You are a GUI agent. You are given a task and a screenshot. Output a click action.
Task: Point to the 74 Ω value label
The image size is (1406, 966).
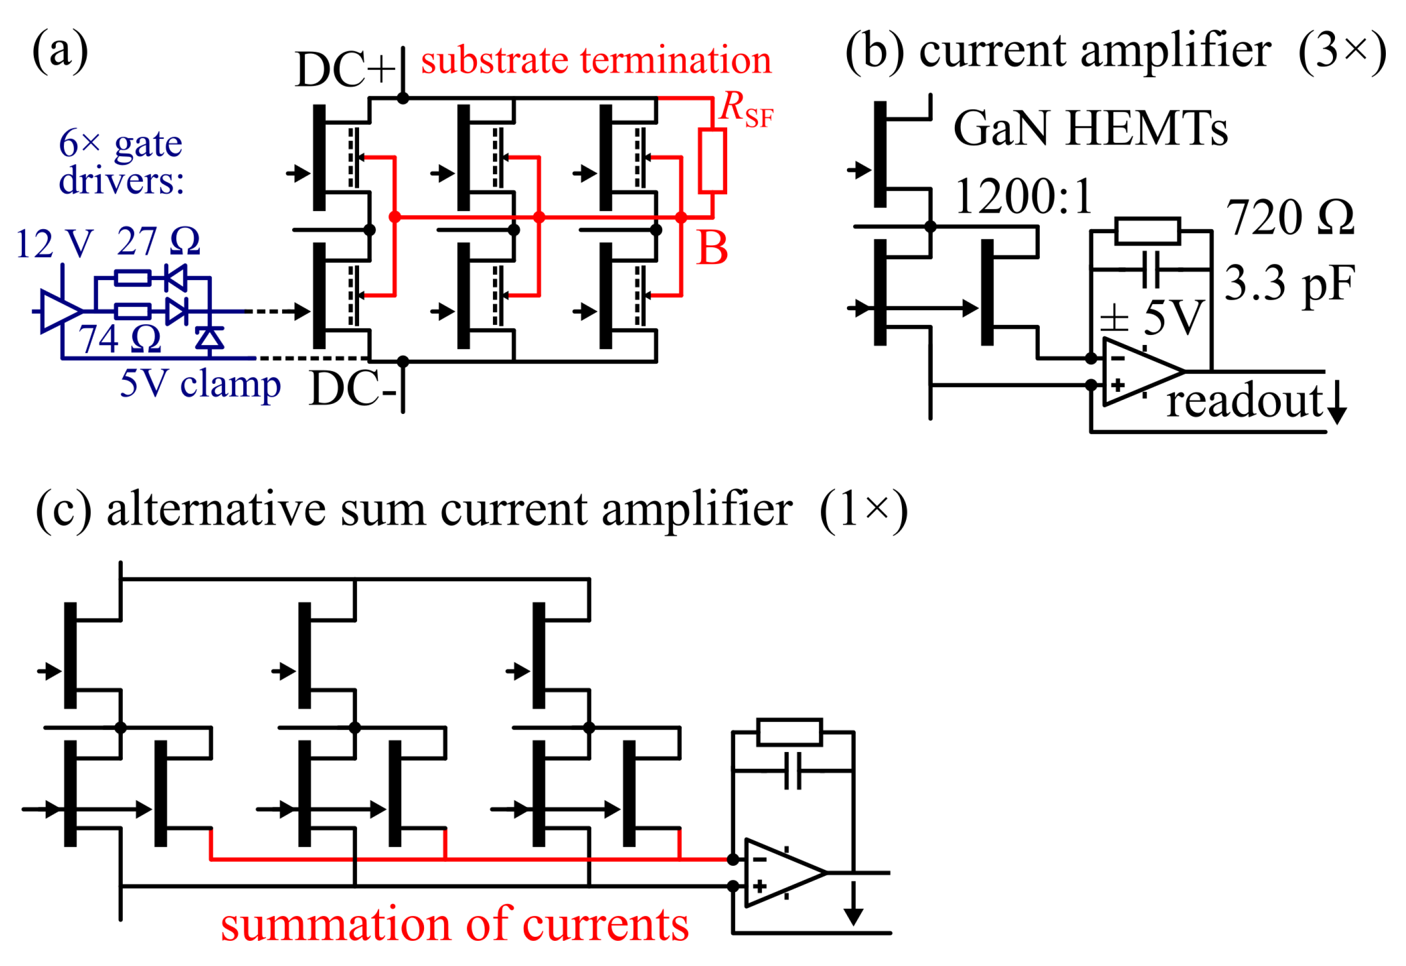pyautogui.click(x=119, y=338)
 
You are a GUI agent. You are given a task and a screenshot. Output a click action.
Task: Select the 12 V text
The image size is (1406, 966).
pyautogui.click(x=54, y=244)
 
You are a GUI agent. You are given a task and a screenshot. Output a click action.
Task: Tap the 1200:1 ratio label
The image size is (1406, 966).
pyautogui.click(x=1023, y=197)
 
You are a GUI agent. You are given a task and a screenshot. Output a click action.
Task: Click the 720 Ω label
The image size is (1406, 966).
pyautogui.click(x=1289, y=218)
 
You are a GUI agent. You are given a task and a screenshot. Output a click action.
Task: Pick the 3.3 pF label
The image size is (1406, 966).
pyautogui.click(x=1289, y=283)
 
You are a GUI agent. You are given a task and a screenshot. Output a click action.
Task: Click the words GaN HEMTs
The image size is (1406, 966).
pyautogui.click(x=1089, y=128)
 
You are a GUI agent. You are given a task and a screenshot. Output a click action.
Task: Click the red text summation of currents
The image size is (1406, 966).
pyautogui.click(x=454, y=924)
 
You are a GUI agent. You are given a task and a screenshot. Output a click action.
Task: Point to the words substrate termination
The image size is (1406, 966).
pyautogui.click(x=596, y=60)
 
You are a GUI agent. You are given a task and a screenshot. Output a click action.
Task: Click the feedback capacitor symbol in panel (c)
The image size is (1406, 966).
pyautogui.click(x=792, y=771)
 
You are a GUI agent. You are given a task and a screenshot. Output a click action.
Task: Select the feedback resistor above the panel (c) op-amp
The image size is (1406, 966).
pyautogui.click(x=789, y=732)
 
